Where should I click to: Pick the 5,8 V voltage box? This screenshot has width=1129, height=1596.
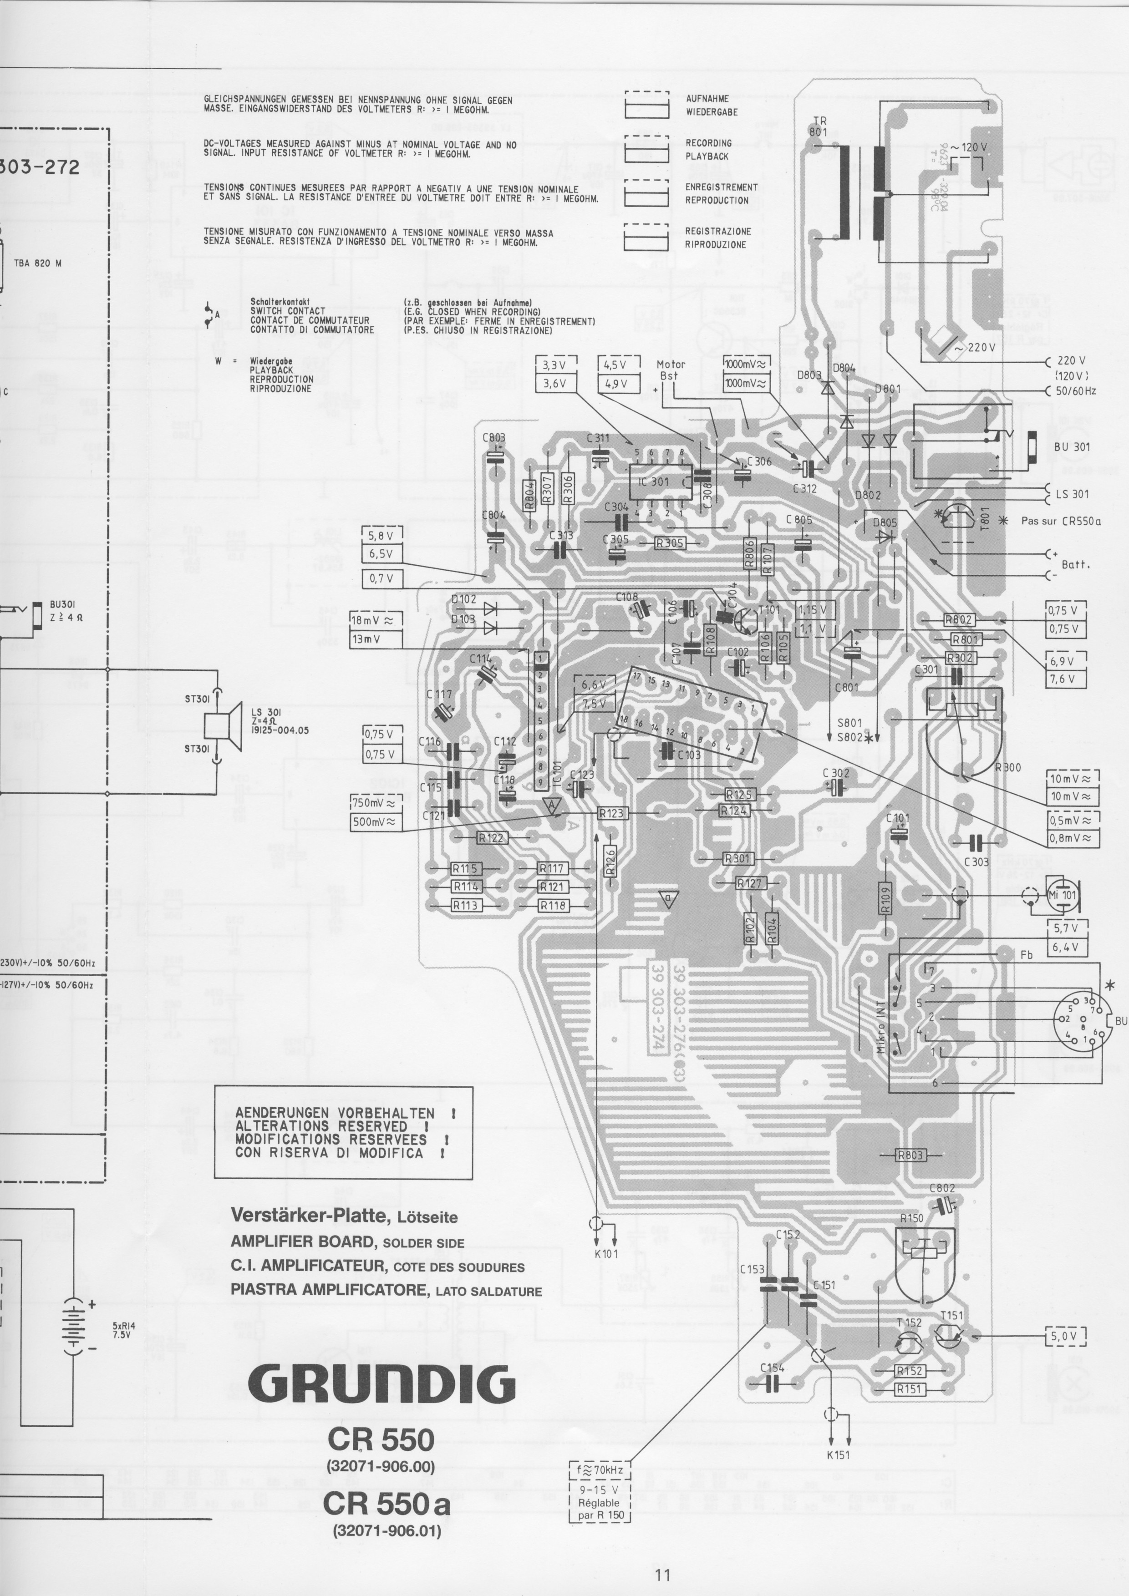pyautogui.click(x=381, y=536)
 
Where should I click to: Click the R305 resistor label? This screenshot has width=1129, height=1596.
pyautogui.click(x=670, y=543)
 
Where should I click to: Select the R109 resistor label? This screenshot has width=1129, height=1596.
pyautogui.click(x=885, y=901)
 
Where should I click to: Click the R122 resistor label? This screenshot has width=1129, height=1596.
pyautogui.click(x=492, y=838)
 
